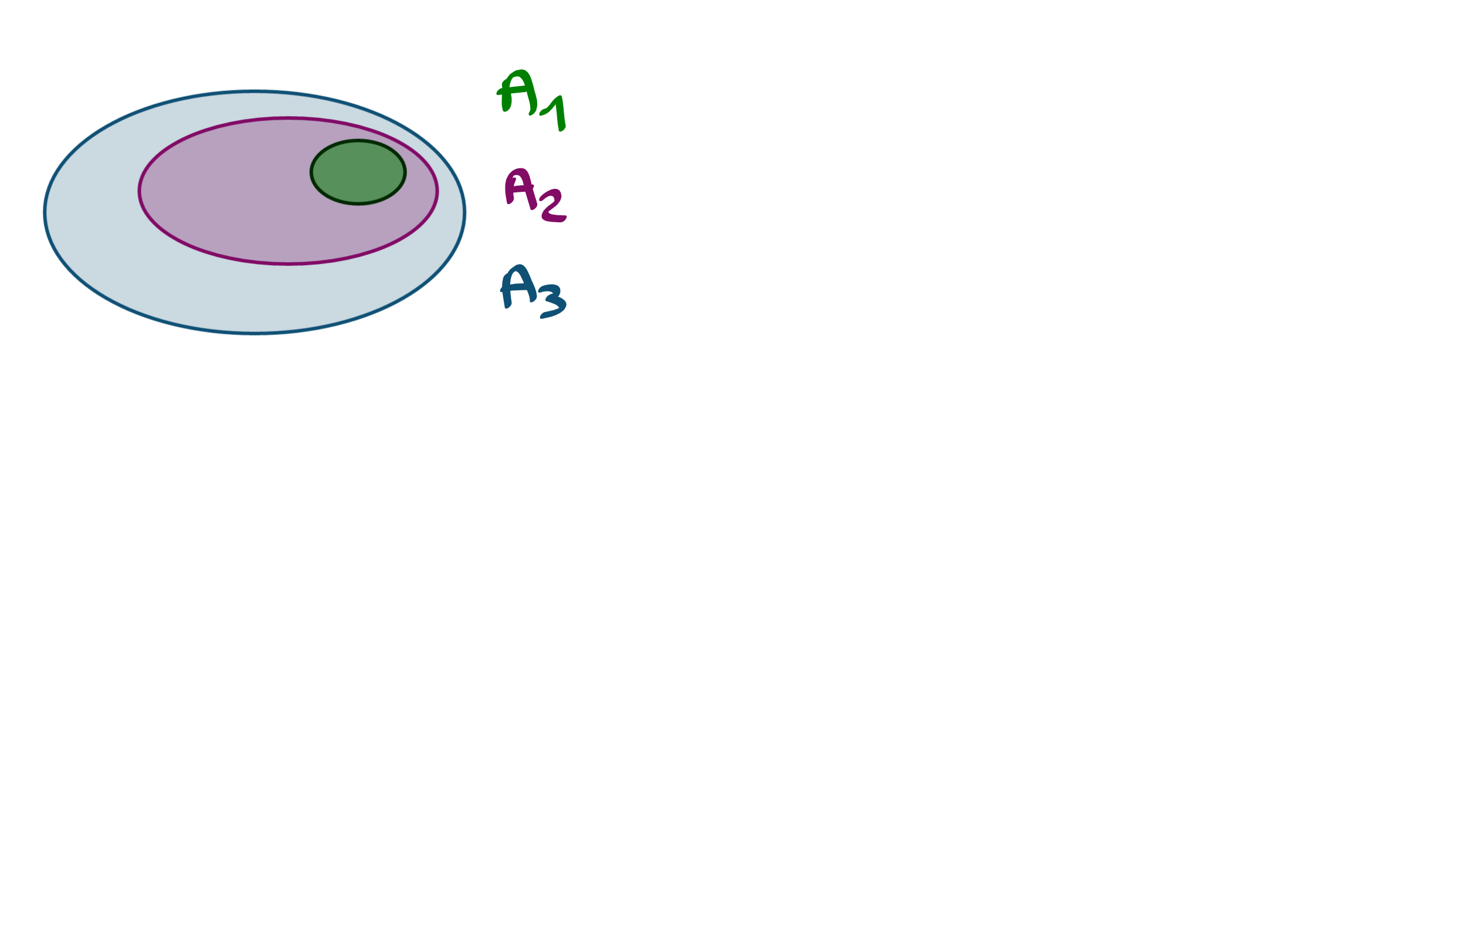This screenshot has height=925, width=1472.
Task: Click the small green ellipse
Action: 358,172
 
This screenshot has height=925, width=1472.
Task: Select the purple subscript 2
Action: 552,208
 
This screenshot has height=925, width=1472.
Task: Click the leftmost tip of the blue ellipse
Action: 43,212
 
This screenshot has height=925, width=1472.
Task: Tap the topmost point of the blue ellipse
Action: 255,89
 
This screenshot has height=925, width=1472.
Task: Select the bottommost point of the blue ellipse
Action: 255,335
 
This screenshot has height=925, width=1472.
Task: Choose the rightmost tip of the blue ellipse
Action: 466,212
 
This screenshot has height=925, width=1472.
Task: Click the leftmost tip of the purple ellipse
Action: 138,191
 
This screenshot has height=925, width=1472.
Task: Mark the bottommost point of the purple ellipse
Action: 288,265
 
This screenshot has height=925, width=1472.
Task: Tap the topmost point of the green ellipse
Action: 358,140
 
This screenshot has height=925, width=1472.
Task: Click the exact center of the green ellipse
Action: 358,172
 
